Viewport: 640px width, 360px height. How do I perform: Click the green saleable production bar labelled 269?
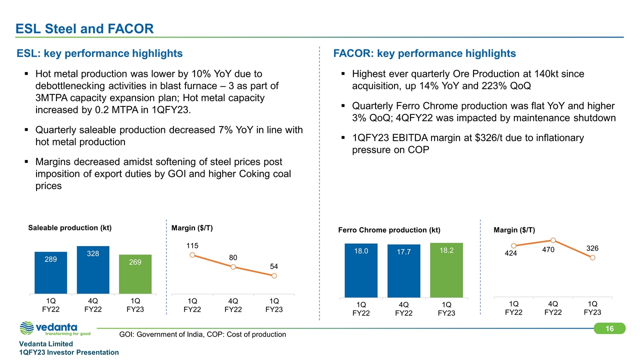[135, 273]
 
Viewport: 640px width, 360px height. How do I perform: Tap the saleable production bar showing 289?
[50, 272]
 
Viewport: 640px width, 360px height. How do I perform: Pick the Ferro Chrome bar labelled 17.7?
[404, 270]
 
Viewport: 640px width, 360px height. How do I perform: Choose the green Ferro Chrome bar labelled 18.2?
[446, 269]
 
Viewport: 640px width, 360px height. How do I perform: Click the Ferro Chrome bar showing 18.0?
[361, 269]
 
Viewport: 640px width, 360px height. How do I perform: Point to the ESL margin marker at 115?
[192, 255]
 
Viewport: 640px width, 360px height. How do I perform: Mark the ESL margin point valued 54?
[274, 275]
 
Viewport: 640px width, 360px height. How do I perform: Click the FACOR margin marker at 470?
[553, 240]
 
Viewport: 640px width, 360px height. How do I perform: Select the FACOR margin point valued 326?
[592, 257]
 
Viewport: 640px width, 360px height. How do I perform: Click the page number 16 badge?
[609, 328]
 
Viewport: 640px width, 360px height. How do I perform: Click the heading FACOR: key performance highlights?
[424, 53]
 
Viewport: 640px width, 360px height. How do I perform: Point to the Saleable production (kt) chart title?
[69, 228]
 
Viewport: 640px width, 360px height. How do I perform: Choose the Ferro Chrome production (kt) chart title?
[389, 230]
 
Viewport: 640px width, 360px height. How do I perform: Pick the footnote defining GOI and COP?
[202, 334]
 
